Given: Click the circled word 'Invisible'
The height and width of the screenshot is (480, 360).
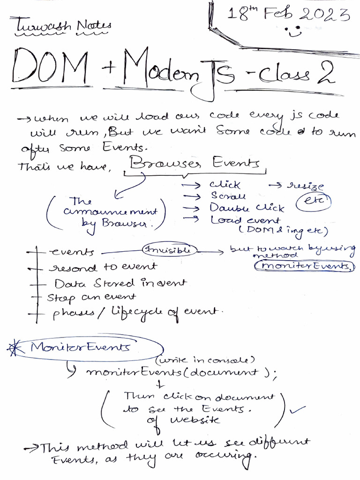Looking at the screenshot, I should click(170, 250).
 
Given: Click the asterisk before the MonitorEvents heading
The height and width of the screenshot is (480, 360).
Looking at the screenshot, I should click(16, 348).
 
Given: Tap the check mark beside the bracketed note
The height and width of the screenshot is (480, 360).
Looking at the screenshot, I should click(298, 409).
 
